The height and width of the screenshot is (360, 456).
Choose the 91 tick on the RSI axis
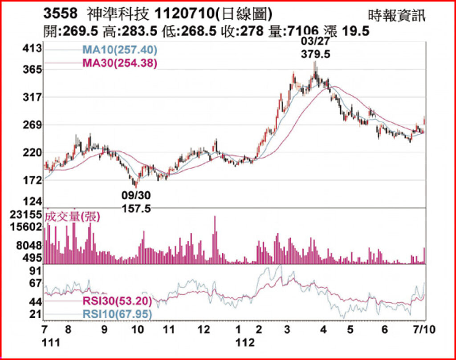click(x=35, y=271)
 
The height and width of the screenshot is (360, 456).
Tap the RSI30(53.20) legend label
click(x=118, y=302)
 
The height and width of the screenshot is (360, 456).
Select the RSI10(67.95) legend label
click(x=118, y=315)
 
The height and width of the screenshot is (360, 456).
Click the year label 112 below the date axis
click(x=245, y=343)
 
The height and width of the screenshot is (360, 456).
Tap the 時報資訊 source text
click(x=397, y=16)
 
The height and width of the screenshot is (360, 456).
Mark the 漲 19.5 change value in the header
click(x=348, y=31)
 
